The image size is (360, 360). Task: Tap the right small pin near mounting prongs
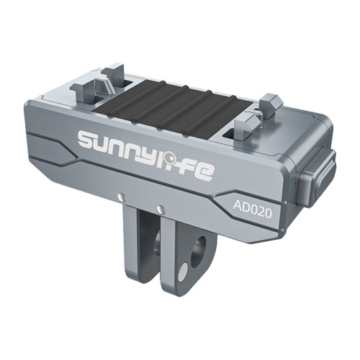tap(161, 210)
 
